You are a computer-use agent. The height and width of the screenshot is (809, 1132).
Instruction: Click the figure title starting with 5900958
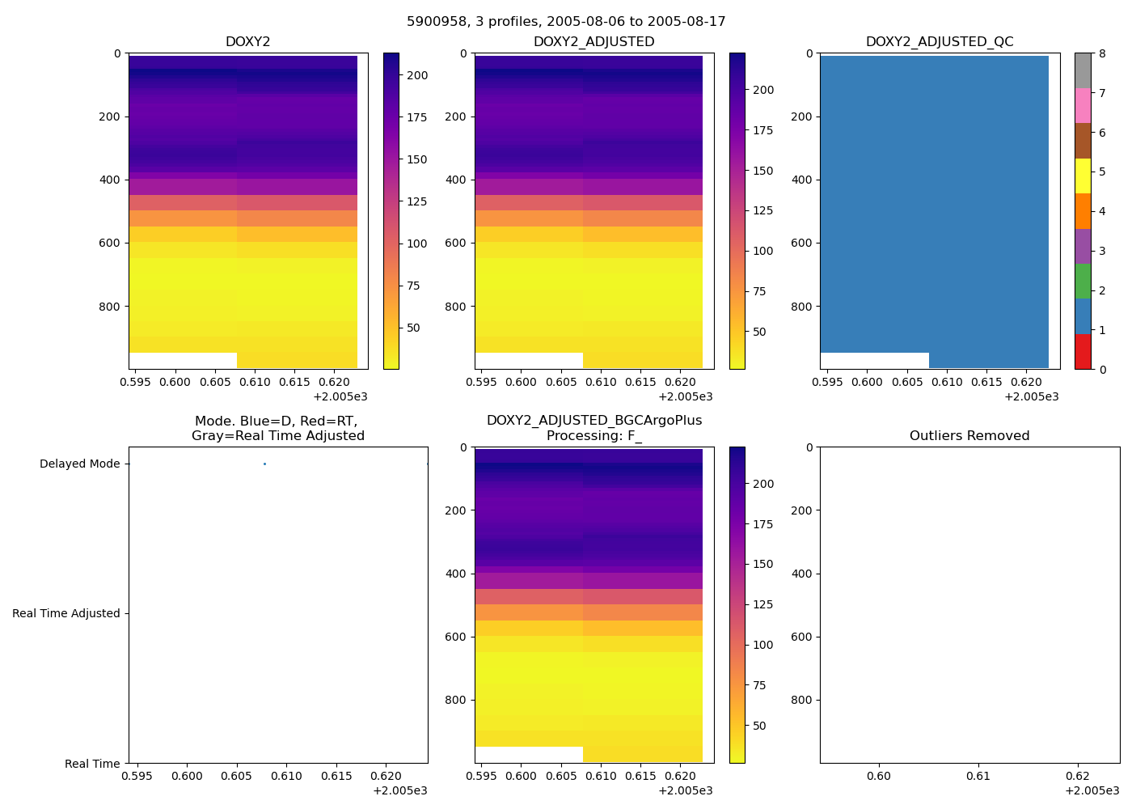566,22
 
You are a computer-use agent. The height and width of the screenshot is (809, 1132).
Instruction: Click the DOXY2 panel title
248,42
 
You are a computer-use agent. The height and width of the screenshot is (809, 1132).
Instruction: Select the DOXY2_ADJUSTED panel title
593,42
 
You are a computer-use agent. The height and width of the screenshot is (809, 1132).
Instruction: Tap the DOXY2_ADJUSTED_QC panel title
940,42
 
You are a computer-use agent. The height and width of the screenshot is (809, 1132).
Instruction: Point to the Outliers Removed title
969,436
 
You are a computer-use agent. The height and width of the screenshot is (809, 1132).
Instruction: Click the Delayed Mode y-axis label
79,464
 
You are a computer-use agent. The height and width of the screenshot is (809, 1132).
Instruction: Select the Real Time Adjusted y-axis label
66,613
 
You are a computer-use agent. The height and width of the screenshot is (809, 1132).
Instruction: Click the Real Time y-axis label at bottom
92,764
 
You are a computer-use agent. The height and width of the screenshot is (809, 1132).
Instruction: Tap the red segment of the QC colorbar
1083,352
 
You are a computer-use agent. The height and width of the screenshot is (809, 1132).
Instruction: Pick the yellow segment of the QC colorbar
1083,176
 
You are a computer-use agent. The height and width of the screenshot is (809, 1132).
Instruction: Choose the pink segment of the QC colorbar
1083,106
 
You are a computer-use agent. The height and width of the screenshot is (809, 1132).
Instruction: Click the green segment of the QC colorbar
1083,282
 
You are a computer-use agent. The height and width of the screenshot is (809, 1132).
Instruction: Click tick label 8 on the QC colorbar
1101,54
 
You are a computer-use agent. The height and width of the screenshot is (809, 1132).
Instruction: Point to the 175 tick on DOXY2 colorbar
417,117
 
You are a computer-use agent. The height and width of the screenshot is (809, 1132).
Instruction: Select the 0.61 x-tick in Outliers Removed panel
978,776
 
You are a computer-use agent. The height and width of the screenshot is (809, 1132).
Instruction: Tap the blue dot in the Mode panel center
264,464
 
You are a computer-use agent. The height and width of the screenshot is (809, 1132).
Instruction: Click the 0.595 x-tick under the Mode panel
137,776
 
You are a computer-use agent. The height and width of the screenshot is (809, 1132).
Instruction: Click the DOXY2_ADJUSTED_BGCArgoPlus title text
593,421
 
